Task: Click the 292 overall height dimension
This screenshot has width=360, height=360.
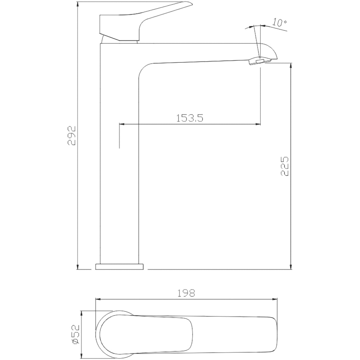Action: (x=72, y=135)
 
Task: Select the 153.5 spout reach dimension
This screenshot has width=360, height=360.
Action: (x=190, y=118)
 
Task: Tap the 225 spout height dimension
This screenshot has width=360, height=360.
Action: (x=285, y=166)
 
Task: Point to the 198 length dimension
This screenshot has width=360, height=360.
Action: (x=186, y=293)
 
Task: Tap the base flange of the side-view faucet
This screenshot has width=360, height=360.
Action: (x=120, y=266)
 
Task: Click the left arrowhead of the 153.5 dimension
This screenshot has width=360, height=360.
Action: (x=122, y=124)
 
